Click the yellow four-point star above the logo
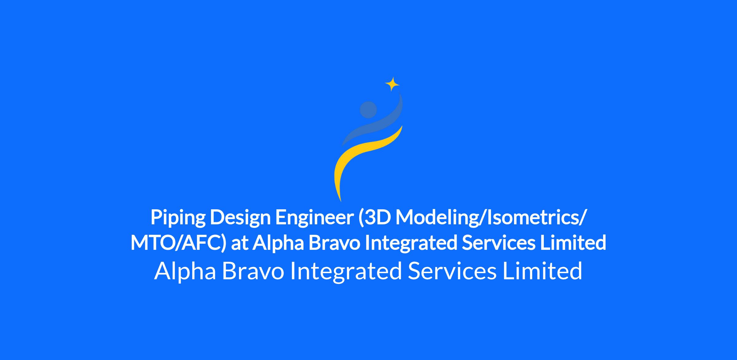point(392,84)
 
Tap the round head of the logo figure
point(368,110)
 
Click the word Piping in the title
point(178,218)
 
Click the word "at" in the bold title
point(239,244)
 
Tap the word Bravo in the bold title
point(334,243)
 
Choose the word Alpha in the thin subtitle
point(185,272)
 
